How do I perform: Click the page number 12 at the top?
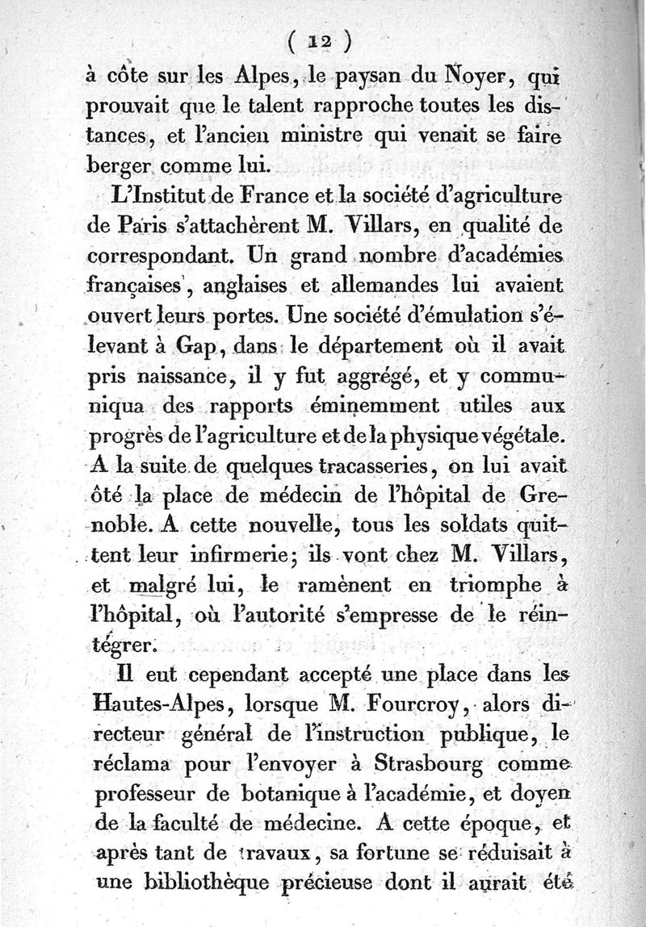(x=322, y=40)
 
